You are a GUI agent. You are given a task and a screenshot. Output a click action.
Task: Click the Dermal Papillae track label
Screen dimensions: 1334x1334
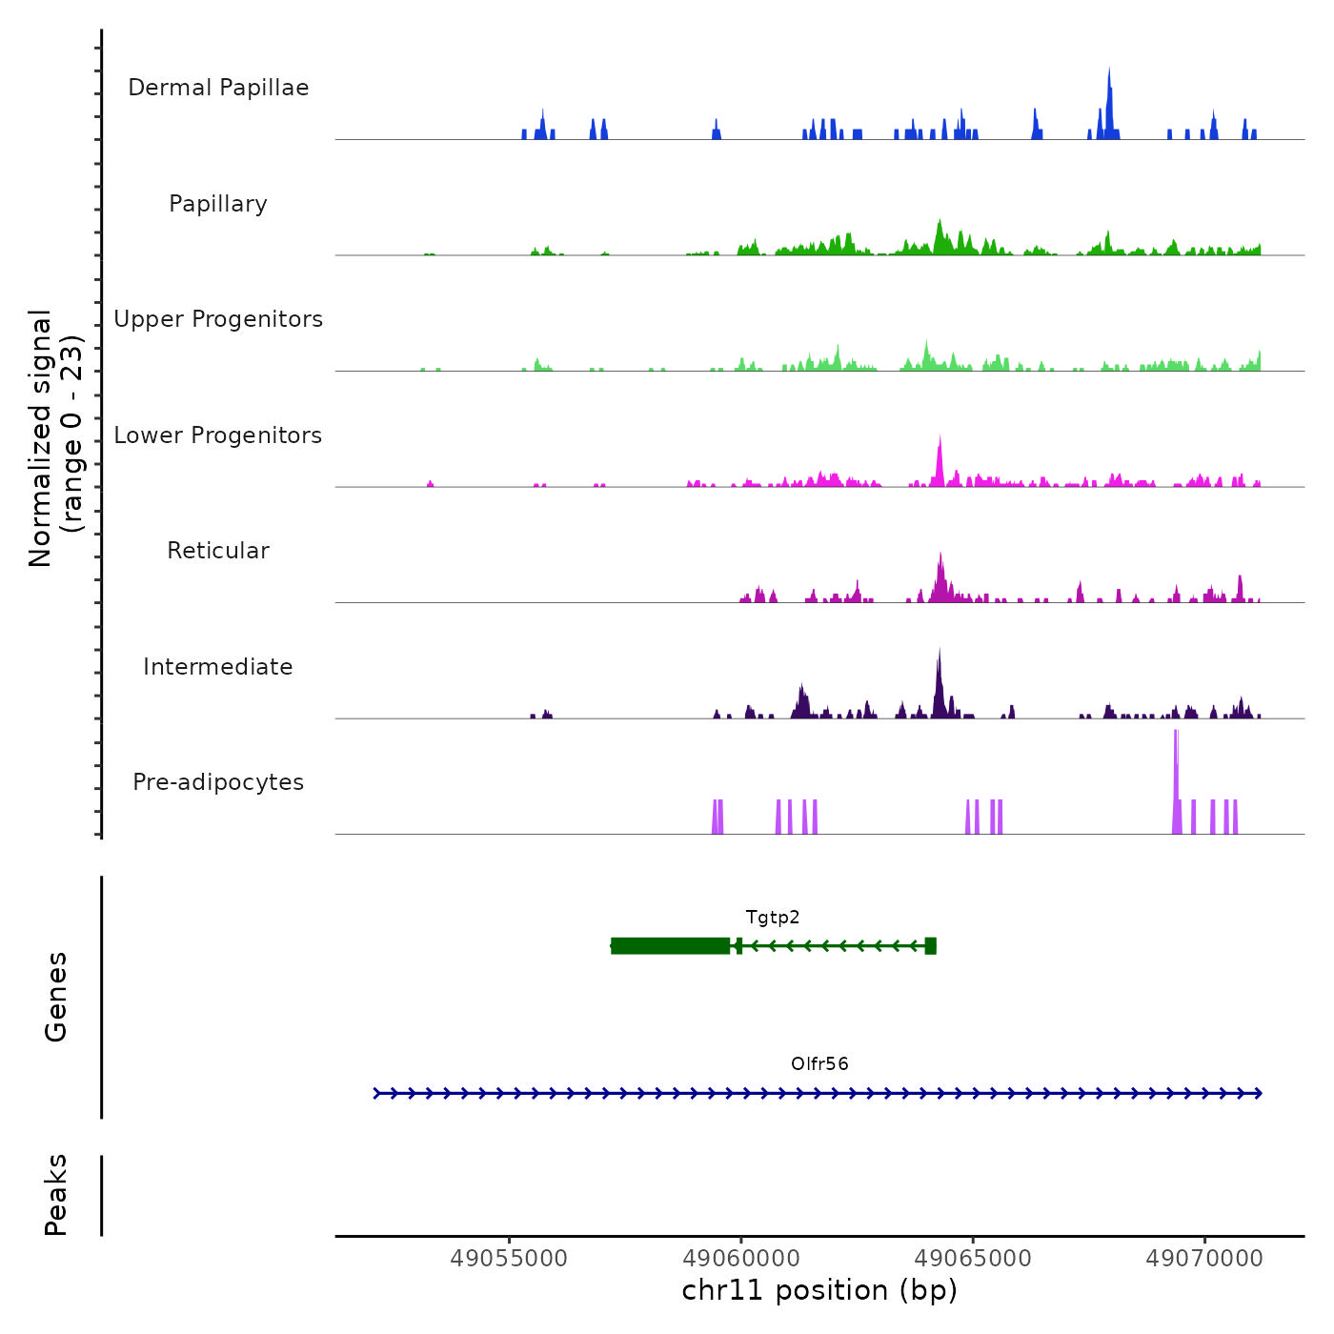(218, 88)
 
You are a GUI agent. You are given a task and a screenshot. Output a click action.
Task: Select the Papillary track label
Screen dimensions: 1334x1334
(218, 204)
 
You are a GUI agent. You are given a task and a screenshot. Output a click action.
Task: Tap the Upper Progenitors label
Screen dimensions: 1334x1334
(218, 319)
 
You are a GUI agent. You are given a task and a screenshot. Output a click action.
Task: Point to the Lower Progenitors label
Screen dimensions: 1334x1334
(218, 435)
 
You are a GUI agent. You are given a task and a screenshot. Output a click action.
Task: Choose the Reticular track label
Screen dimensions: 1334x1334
(218, 551)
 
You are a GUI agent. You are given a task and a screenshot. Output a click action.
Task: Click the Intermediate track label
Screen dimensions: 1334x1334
(218, 667)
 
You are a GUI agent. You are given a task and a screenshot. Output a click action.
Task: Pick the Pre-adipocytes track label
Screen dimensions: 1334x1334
(218, 782)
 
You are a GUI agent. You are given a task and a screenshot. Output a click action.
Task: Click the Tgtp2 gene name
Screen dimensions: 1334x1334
(773, 918)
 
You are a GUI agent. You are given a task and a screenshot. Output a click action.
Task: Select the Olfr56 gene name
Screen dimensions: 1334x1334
(819, 1063)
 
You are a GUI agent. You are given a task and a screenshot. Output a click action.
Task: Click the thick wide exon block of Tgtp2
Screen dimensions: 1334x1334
(671, 945)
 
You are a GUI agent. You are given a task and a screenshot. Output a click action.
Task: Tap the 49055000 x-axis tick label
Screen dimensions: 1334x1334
(509, 1259)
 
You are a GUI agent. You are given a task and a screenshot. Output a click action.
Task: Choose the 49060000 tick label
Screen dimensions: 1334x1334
(741, 1259)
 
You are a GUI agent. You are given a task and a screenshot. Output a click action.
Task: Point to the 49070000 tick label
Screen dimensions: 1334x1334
(1204, 1259)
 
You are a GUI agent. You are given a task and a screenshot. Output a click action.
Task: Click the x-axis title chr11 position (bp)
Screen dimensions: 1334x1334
(819, 1290)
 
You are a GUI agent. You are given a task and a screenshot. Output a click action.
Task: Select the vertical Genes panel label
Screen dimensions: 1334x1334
(56, 997)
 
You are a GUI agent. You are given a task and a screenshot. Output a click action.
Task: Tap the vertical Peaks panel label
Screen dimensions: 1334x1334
(56, 1195)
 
